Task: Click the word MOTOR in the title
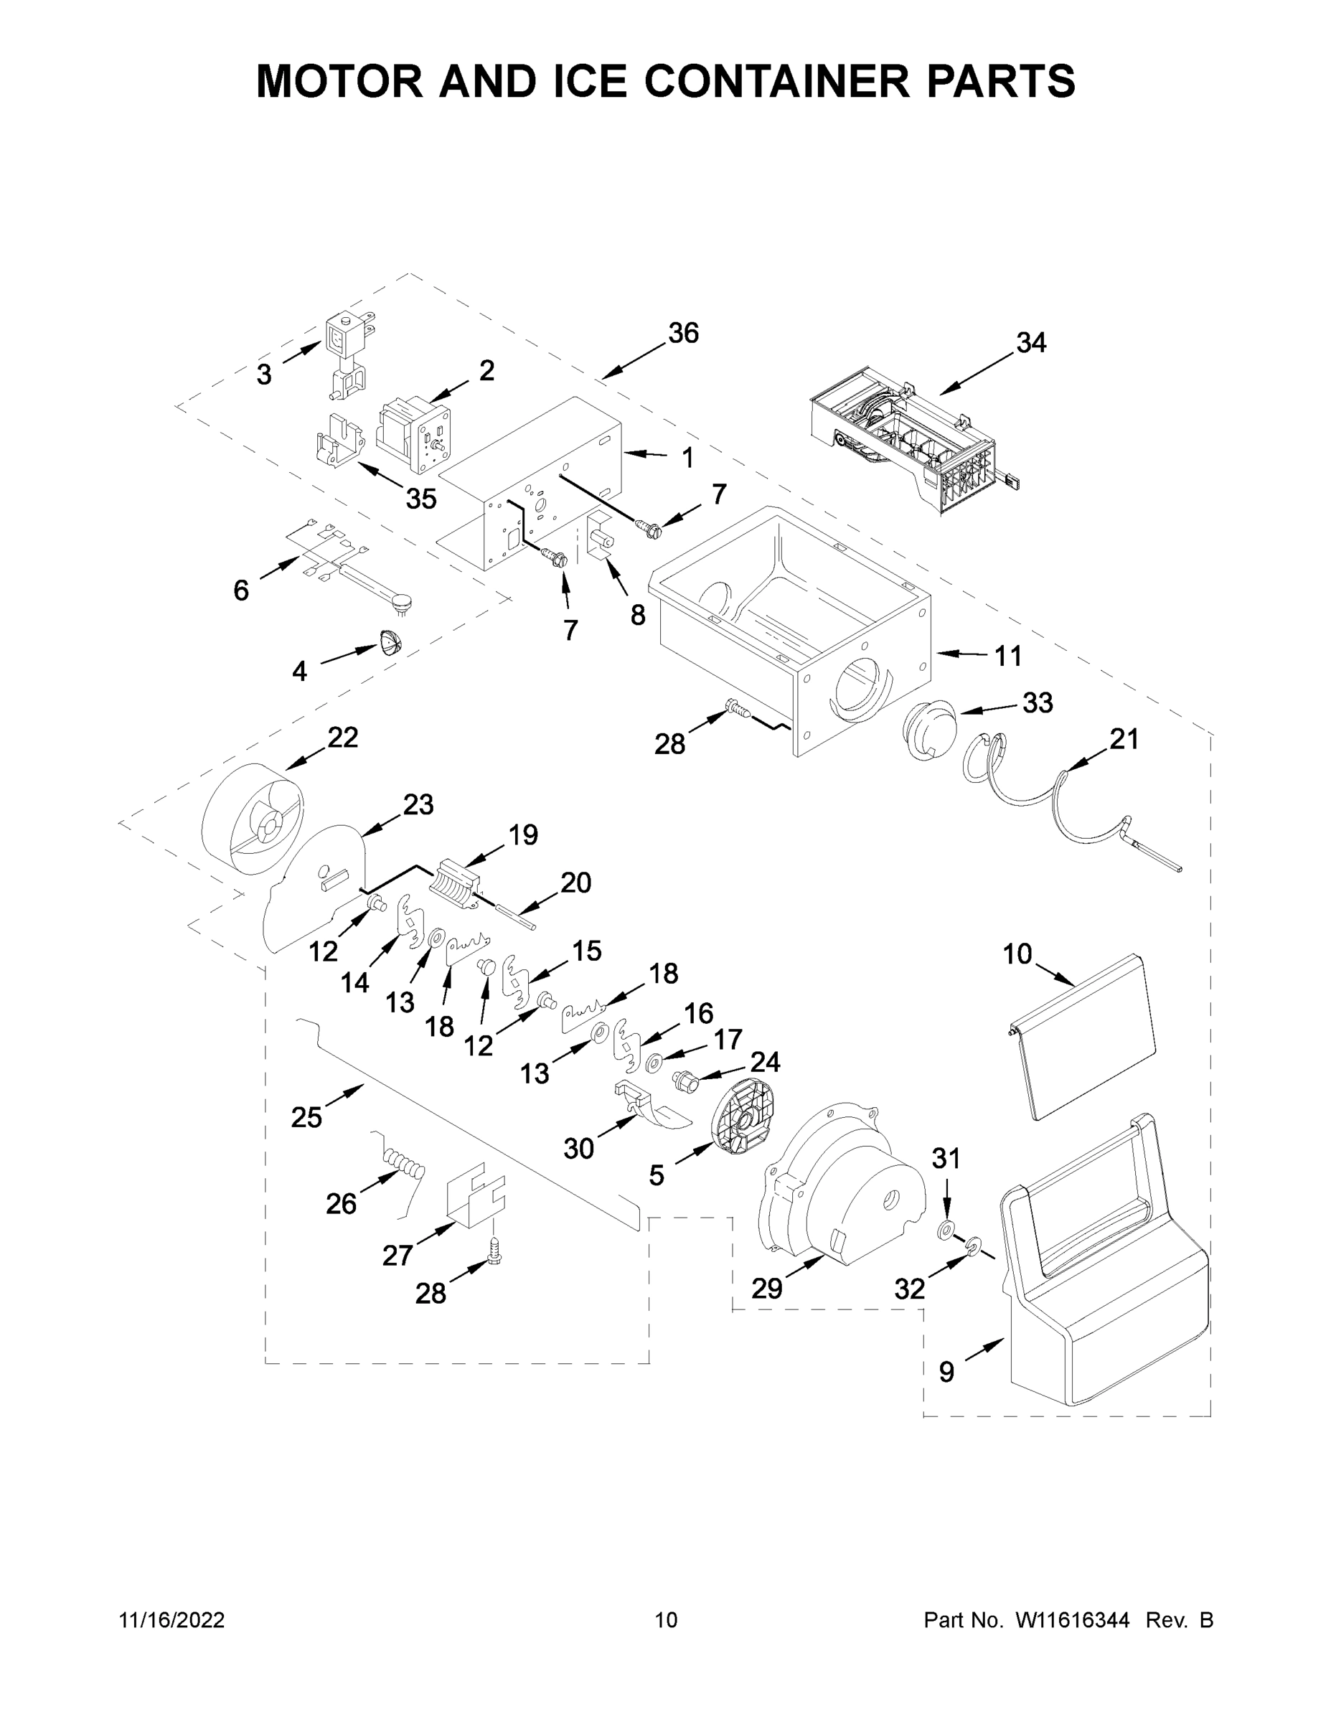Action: [340, 81]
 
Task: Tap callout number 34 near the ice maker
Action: [1030, 342]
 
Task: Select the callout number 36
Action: [683, 334]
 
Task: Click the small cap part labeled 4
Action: [390, 643]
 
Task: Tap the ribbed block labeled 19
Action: [456, 885]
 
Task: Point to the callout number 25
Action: [306, 1116]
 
